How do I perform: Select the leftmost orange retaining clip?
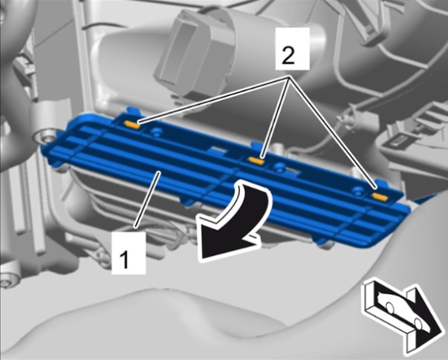click(132, 124)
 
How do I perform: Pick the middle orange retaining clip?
click(256, 160)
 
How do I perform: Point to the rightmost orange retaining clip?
click(380, 197)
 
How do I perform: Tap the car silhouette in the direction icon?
click(400, 312)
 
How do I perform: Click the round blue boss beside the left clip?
click(156, 131)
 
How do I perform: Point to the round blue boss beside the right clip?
click(357, 191)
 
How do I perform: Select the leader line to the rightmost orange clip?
click(333, 132)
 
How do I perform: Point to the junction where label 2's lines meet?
click(289, 76)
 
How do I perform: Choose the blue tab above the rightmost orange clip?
click(380, 183)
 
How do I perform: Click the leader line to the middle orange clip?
click(276, 117)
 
